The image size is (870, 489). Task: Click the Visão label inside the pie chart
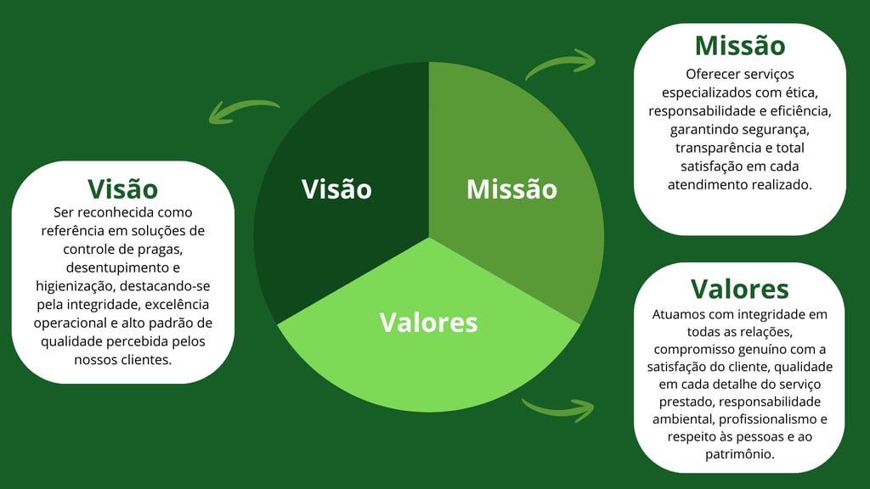pos(336,188)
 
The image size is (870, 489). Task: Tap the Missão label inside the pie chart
pos(511,188)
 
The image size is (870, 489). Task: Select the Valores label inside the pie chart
pos(428,323)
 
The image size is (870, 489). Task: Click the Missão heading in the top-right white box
pos(739,45)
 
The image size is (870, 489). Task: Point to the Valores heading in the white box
pos(739,289)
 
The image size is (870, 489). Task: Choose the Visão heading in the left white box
pos(123,188)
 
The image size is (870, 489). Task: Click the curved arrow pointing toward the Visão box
pos(245,112)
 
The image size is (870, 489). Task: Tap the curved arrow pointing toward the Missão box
pos(561,65)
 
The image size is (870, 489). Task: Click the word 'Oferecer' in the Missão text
pos(712,74)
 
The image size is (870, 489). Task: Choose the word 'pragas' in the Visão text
pos(160,249)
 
